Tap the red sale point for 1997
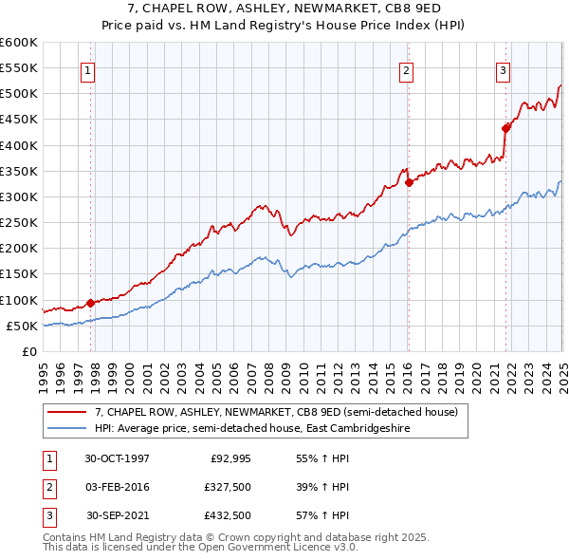[91, 304]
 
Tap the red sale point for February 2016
[408, 183]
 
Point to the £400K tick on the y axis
[19, 145]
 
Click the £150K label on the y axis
[19, 274]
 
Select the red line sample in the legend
[67, 412]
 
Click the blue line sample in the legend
[67, 428]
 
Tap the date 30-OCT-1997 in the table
[118, 458]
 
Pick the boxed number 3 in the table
[47, 515]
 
